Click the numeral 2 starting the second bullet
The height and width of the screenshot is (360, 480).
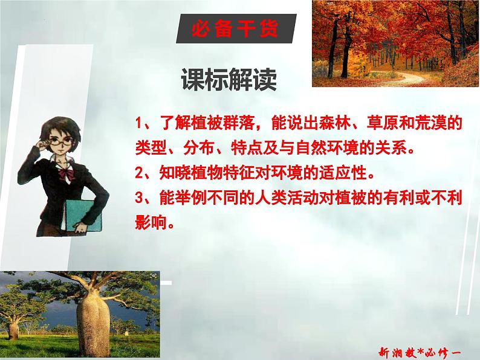coord(139,174)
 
